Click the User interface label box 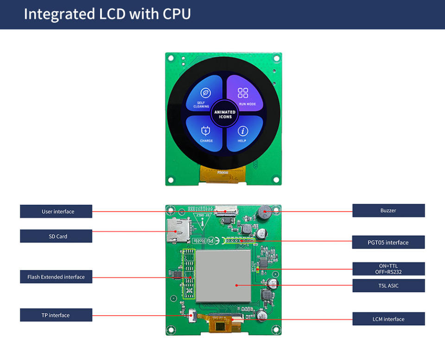[x=56, y=212]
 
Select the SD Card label [x=56, y=236]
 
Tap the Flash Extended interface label [x=56, y=277]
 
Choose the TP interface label [x=56, y=315]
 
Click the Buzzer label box [x=388, y=211]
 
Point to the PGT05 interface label [x=388, y=242]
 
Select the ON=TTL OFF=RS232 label [x=388, y=269]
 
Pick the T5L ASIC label [x=388, y=286]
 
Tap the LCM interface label [x=388, y=319]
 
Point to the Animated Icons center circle [x=225, y=114]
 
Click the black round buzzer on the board [x=265, y=213]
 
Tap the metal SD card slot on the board [x=175, y=230]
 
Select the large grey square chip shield [x=223, y=275]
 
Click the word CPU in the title [x=177, y=14]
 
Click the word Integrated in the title [x=59, y=14]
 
